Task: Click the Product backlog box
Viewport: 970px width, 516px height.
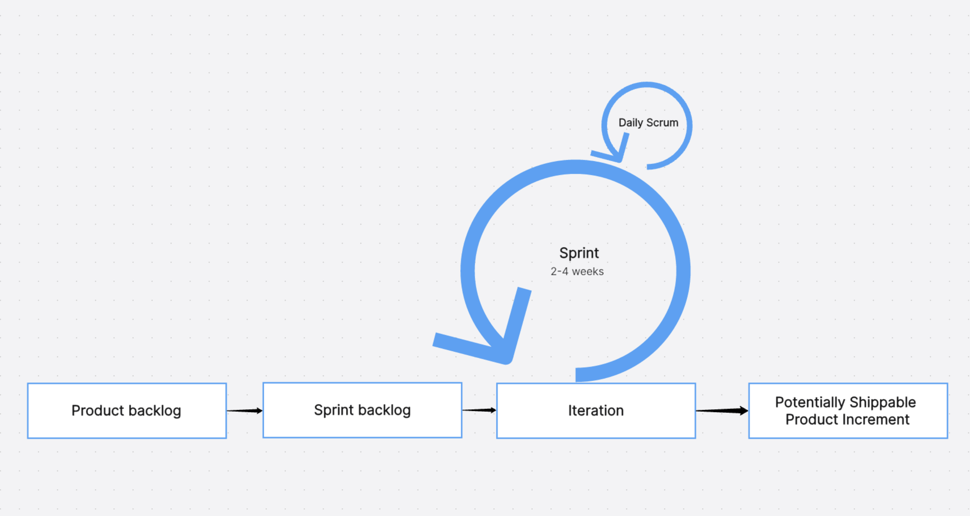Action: [127, 411]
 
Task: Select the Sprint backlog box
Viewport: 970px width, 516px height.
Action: [362, 410]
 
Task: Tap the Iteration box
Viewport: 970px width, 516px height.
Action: [596, 411]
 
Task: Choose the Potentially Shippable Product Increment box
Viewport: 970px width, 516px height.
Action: [848, 411]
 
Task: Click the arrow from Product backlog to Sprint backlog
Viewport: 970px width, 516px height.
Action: [245, 411]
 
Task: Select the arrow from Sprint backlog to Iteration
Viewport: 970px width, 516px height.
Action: [479, 410]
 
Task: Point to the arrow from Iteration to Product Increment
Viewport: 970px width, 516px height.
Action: [722, 411]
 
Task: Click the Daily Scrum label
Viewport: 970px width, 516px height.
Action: [648, 123]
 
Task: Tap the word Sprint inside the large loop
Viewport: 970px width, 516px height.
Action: [579, 253]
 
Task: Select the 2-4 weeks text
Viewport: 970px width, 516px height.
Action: [577, 271]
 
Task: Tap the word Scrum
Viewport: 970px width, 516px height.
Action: [662, 123]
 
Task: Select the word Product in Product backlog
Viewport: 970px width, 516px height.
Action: [98, 411]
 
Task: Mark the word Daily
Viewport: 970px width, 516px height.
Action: [631, 123]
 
